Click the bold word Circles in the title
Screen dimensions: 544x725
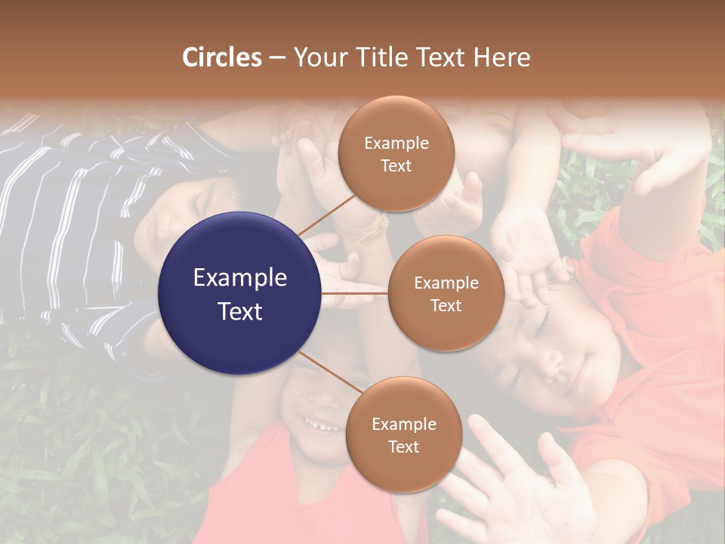(x=221, y=57)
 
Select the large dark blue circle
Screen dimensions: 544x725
(x=239, y=293)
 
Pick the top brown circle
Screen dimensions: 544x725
(x=396, y=153)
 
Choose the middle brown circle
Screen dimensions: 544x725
(x=446, y=293)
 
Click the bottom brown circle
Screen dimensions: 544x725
(x=403, y=434)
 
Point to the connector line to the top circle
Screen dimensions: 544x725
(x=326, y=215)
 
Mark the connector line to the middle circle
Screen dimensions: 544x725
(x=355, y=293)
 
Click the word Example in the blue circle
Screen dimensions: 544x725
(x=239, y=277)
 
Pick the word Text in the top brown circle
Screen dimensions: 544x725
(x=396, y=165)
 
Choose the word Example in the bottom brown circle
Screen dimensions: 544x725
(x=403, y=424)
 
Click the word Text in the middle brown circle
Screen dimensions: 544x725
(x=446, y=305)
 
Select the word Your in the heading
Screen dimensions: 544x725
(x=316, y=57)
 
